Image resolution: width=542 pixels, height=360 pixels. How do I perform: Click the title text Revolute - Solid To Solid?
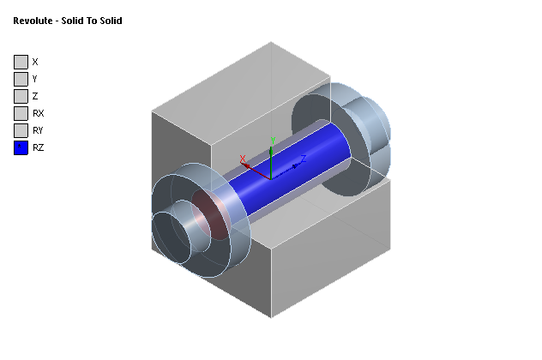67,21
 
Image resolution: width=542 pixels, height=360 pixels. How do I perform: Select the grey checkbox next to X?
21,62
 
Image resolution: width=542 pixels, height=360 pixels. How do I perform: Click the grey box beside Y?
21,79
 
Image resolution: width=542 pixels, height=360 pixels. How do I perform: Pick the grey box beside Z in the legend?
21,96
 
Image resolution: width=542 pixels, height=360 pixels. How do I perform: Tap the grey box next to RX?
21,113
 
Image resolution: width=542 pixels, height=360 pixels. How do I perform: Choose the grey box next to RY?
21,130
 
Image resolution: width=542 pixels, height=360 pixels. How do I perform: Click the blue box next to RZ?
21,147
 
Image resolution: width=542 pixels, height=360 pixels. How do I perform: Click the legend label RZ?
38,147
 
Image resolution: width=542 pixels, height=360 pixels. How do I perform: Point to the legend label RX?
38,113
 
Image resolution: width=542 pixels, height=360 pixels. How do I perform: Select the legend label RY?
38,130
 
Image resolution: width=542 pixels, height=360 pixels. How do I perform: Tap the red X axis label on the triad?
244,158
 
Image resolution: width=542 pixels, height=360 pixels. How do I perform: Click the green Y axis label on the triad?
272,140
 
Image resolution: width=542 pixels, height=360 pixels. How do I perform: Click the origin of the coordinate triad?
271,177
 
